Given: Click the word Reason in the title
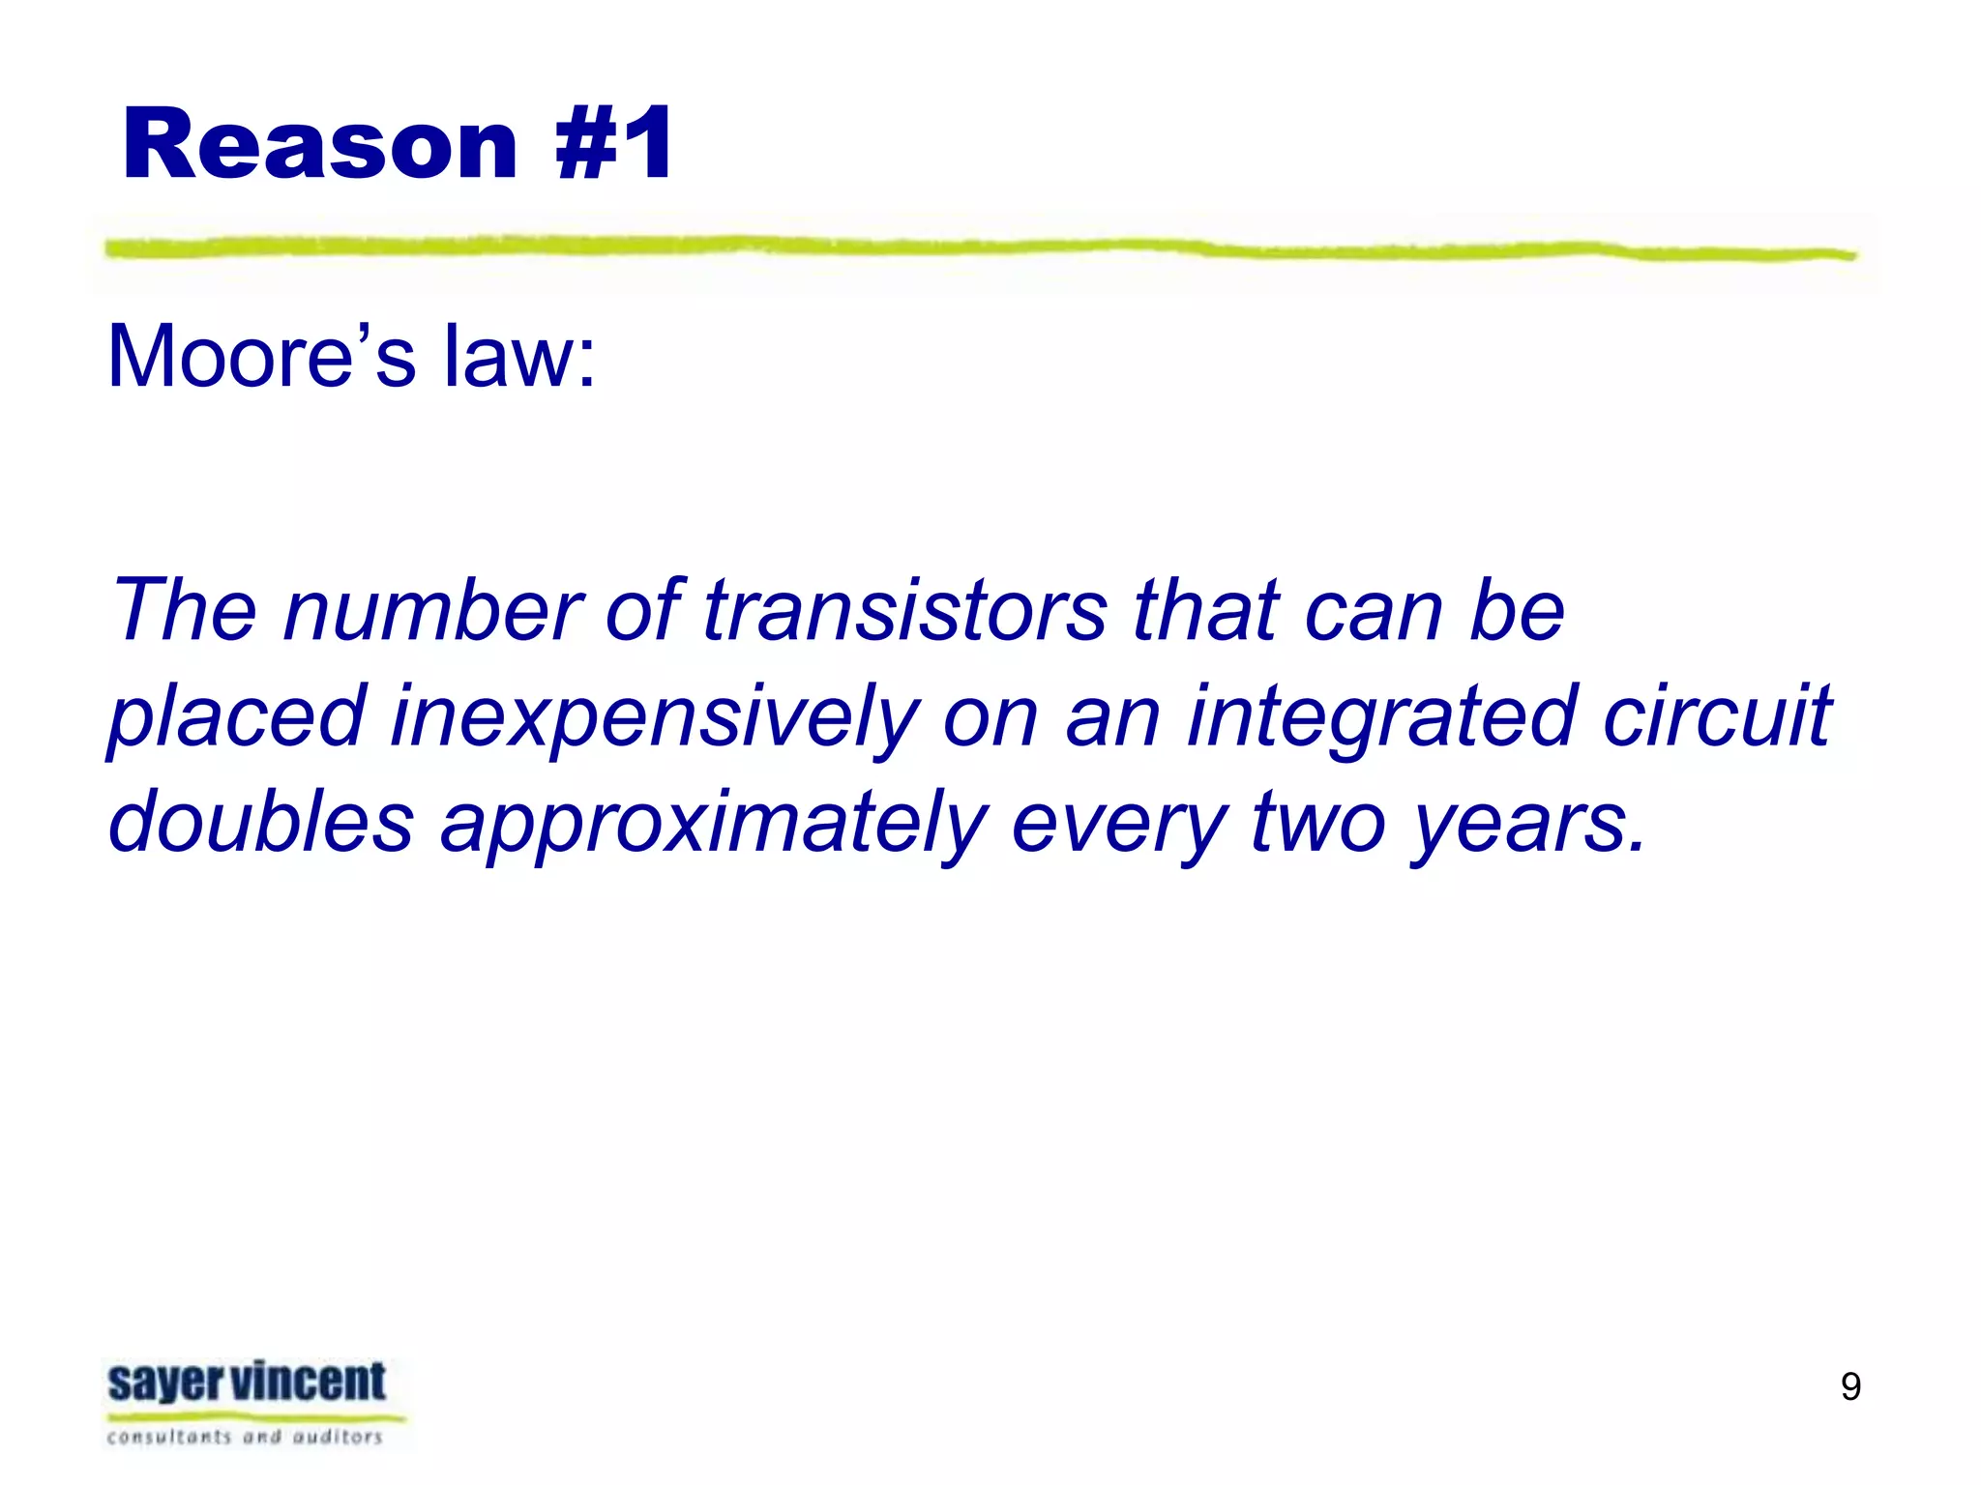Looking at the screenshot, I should (319, 145).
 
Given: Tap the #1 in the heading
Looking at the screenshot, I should (615, 145).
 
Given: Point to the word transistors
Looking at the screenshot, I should (905, 610).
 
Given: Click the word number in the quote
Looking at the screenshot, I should (433, 610).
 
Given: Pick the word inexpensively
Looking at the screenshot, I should (655, 716).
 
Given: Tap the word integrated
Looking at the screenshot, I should (1383, 716).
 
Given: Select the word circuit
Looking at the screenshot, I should (1717, 716).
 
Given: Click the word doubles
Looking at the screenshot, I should (261, 823).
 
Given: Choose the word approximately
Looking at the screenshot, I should (714, 823).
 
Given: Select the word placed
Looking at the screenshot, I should (237, 716).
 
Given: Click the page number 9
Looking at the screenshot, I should (1850, 1387).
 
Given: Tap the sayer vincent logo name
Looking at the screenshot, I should (247, 1383).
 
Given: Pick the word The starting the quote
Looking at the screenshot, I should (185, 610).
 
